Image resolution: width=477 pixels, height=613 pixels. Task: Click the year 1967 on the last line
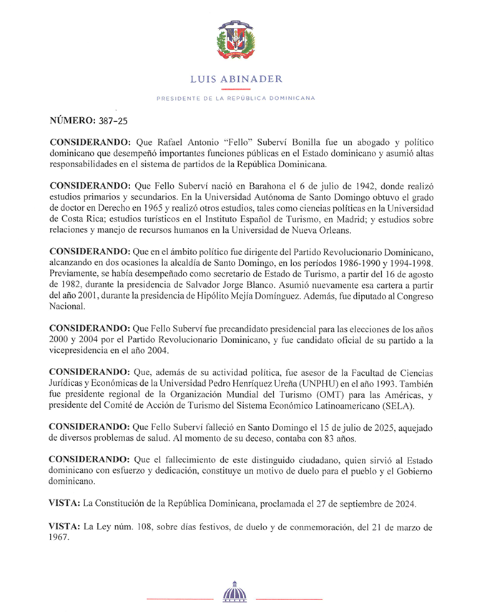point(61,539)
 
